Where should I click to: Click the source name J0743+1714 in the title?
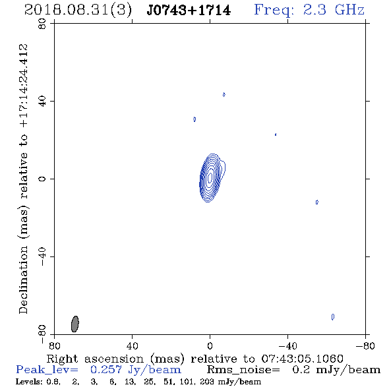pos(189,11)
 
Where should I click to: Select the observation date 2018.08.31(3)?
pos(78,11)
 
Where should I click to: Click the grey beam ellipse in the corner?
pos(75,324)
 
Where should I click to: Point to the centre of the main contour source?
pos(210,177)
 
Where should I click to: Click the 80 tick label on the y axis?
pos(42,24)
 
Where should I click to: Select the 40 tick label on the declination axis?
pos(42,102)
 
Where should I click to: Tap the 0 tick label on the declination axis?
pos(42,179)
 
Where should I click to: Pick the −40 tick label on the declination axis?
pos(42,256)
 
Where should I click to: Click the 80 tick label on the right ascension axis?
pos(54,346)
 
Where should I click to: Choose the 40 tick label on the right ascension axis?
pos(132,346)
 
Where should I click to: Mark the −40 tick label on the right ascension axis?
pos(287,346)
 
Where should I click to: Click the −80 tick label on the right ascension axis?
pos(365,346)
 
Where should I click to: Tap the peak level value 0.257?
pos(106,370)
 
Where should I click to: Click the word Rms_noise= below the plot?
pos(243,370)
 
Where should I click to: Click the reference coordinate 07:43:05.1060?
pos(302,359)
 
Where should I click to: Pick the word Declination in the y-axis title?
pos(23,280)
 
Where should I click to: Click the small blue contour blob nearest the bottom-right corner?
pos(333,317)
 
